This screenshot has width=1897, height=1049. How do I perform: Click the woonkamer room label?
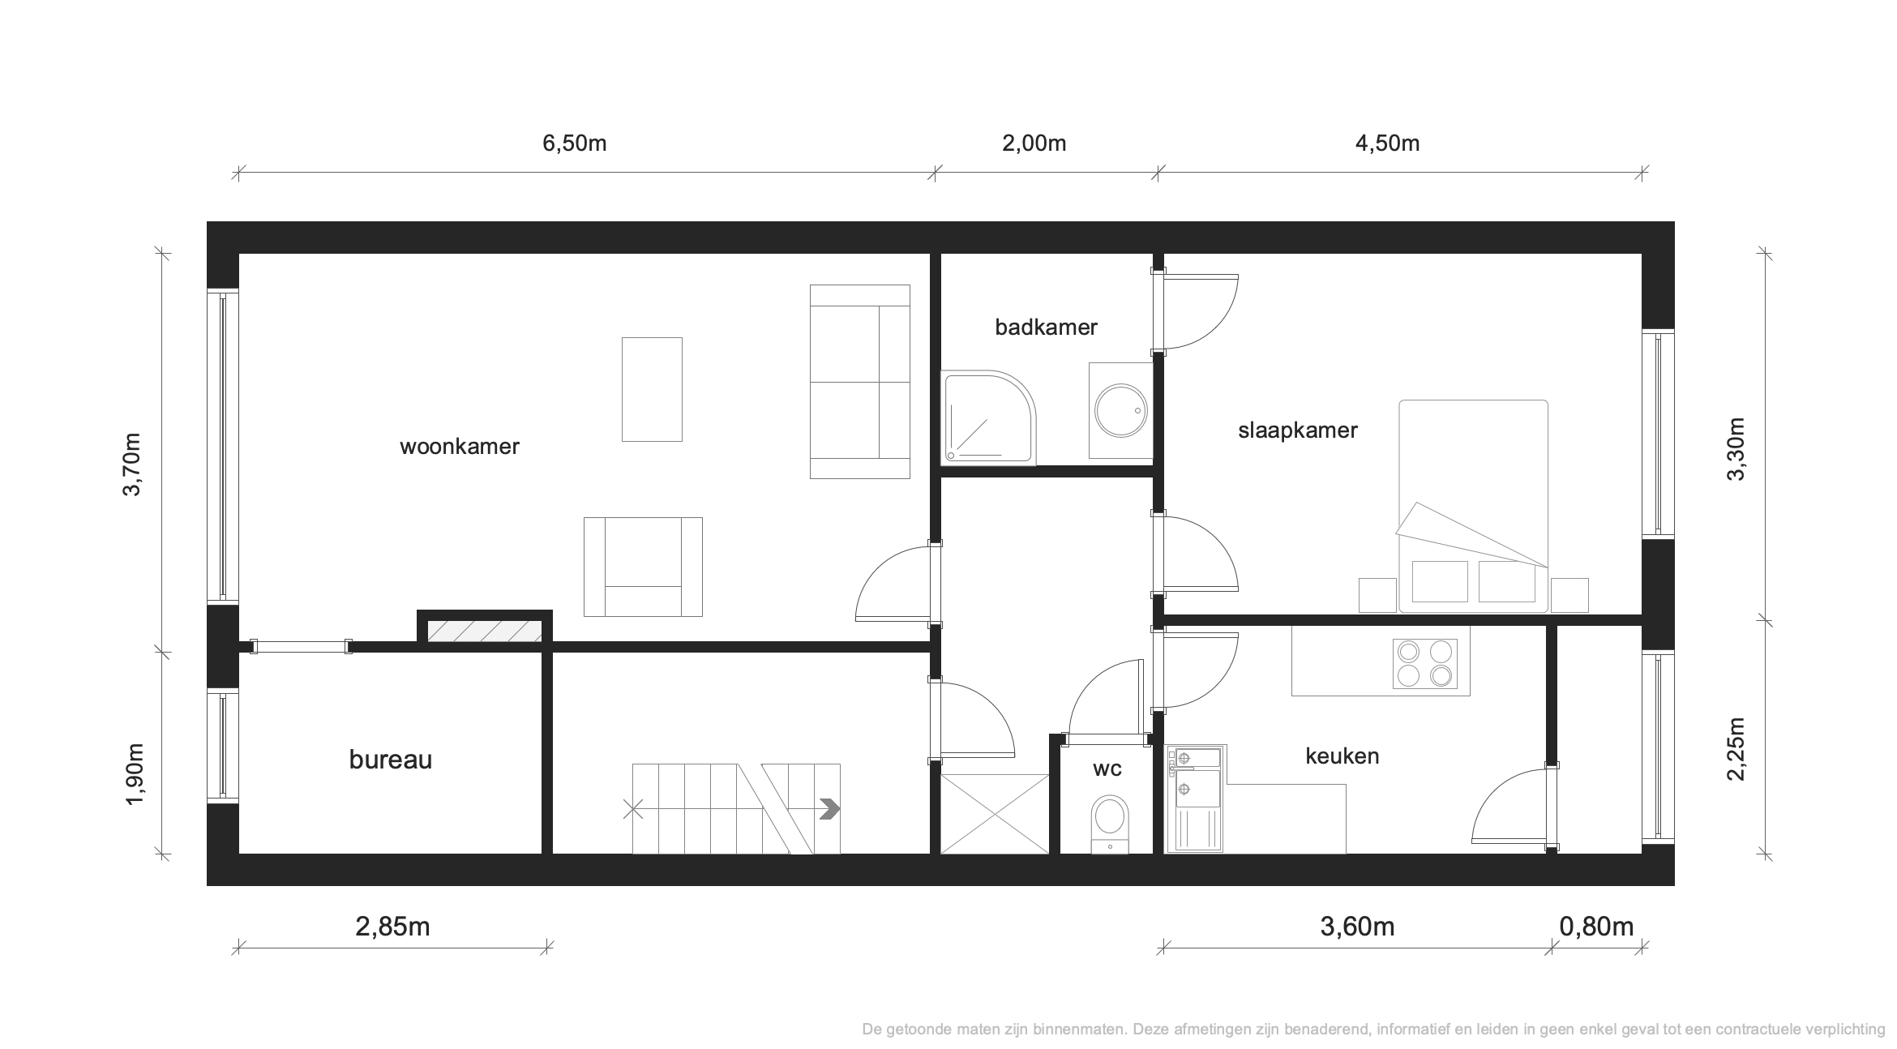click(x=459, y=447)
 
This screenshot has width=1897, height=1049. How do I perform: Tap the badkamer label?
click(x=1046, y=328)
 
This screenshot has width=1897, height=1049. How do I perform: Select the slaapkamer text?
click(x=1297, y=430)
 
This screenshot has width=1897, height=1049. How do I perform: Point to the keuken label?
click(x=1342, y=756)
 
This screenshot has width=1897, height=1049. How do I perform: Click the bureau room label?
click(x=390, y=760)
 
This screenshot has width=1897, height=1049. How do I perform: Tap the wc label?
click(x=1107, y=769)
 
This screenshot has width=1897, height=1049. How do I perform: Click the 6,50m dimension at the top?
click(x=574, y=144)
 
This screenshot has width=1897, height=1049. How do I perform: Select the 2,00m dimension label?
click(x=1034, y=144)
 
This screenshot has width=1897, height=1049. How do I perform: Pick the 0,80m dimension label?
click(x=1596, y=927)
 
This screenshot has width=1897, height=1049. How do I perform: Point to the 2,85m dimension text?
click(x=392, y=927)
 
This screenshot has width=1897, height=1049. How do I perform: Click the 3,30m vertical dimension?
click(x=1736, y=448)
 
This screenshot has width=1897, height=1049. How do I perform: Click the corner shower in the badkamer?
click(x=988, y=418)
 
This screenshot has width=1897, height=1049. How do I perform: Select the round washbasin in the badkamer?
click(x=1121, y=410)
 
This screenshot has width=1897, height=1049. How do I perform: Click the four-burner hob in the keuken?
click(x=1424, y=664)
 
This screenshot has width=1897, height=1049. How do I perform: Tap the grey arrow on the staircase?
click(x=829, y=809)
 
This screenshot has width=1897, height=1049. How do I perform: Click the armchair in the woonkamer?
click(x=643, y=567)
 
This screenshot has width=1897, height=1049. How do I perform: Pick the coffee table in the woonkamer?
click(x=652, y=389)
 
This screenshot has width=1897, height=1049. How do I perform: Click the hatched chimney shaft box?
click(x=485, y=632)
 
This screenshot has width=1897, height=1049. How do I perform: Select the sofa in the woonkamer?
click(x=860, y=382)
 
